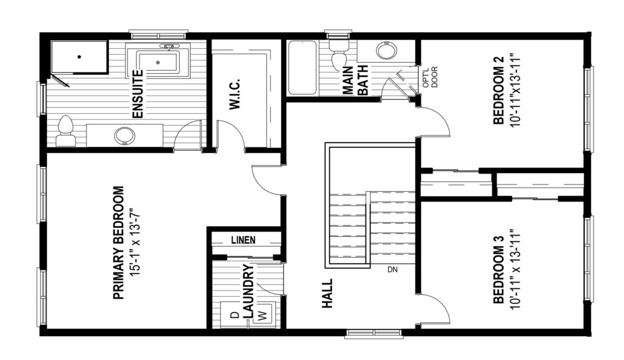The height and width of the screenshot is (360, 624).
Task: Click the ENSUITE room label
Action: click(137, 94)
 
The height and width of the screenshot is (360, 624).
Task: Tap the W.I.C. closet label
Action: click(235, 94)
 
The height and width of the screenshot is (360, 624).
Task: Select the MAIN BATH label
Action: click(355, 81)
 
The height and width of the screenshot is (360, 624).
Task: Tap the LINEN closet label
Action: click(243, 240)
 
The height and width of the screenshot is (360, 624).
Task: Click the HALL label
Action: click(327, 294)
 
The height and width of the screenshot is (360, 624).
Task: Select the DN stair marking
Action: click(392, 270)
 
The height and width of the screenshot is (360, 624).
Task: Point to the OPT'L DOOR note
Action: click(430, 77)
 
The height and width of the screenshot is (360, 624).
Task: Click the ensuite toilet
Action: click(65, 131)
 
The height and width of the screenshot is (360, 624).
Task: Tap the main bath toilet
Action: click(339, 54)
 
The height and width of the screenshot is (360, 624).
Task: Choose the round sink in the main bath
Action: click(386, 51)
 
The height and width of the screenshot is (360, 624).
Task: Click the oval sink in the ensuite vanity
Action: click(124, 136)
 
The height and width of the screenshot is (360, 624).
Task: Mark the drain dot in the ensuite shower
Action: click(80, 57)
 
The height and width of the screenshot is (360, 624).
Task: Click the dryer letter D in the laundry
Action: click(235, 315)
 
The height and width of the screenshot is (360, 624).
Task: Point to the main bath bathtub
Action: click(302, 67)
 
